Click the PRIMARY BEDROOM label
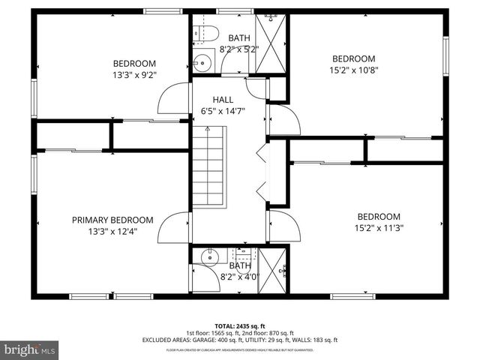tap(112, 220)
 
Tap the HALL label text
tap(223, 100)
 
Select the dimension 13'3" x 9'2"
tap(134, 74)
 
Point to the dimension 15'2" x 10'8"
tap(353, 70)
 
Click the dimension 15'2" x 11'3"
tap(378, 228)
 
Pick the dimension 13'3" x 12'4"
tap(112, 232)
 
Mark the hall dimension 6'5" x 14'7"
tap(223, 111)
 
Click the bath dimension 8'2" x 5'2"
tap(239, 49)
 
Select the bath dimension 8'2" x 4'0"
tap(239, 277)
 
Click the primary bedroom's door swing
tap(174, 225)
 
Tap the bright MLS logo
tap(30, 349)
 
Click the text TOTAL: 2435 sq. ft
tap(240, 325)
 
